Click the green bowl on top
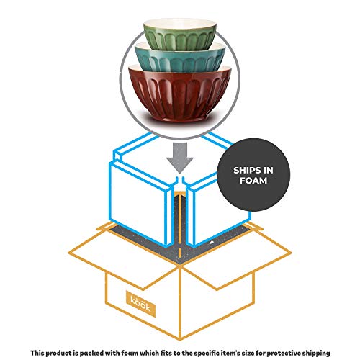(180, 36)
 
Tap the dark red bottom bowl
(180, 94)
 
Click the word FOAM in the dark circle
(253, 181)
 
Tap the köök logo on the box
(140, 304)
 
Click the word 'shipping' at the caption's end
(316, 354)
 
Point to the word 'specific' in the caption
(207, 354)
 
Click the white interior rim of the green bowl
(180, 24)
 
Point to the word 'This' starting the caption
(37, 353)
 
